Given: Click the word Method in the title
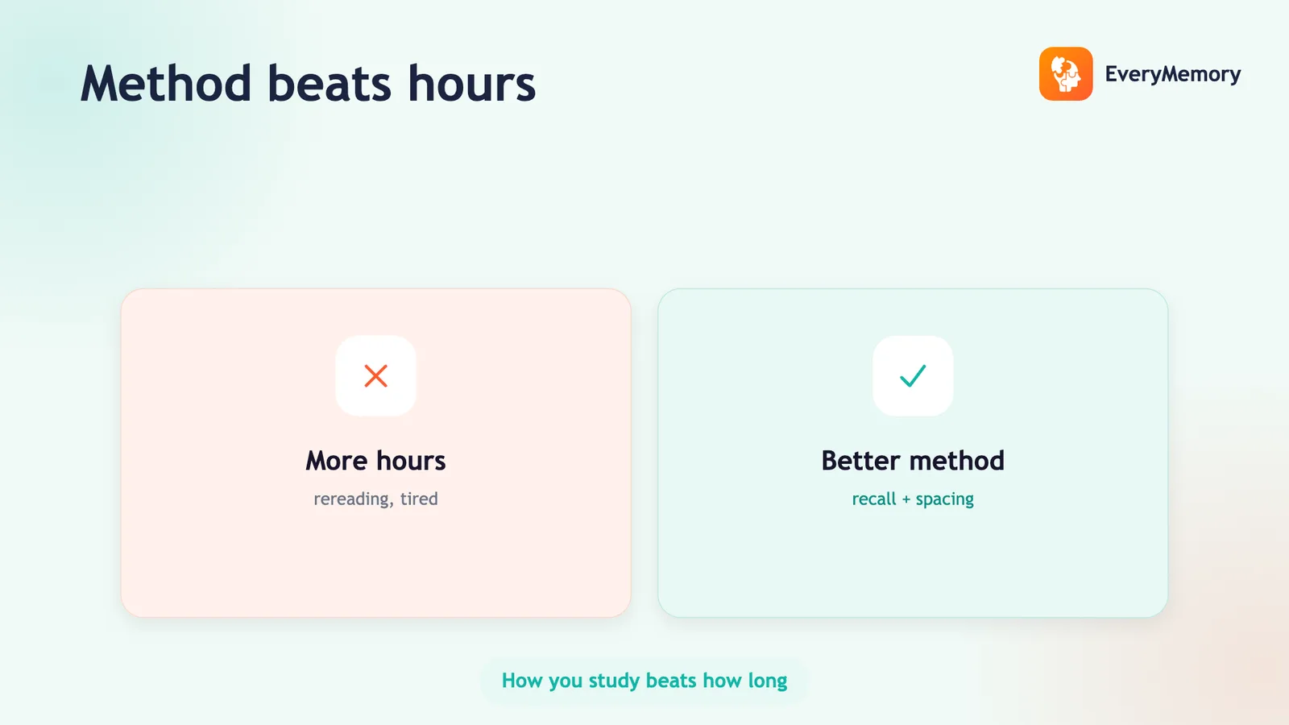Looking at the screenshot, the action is [x=166, y=84].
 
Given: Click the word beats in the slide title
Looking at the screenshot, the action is [x=330, y=84].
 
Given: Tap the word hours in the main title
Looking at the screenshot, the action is [x=472, y=84].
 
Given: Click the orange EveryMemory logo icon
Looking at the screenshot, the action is [x=1066, y=73].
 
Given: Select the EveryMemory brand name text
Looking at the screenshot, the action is [x=1173, y=74].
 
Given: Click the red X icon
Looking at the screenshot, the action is [x=375, y=375].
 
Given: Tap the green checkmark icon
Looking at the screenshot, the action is [x=913, y=375].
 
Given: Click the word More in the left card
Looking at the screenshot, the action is [x=336, y=460].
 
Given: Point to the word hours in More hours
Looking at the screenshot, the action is [x=411, y=460].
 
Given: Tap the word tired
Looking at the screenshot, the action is [x=419, y=499].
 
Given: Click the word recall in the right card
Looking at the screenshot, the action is [x=873, y=499].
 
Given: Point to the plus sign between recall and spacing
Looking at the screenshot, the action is [x=906, y=499].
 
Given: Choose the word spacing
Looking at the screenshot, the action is [x=944, y=499].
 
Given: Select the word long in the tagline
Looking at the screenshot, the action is [x=767, y=681].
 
